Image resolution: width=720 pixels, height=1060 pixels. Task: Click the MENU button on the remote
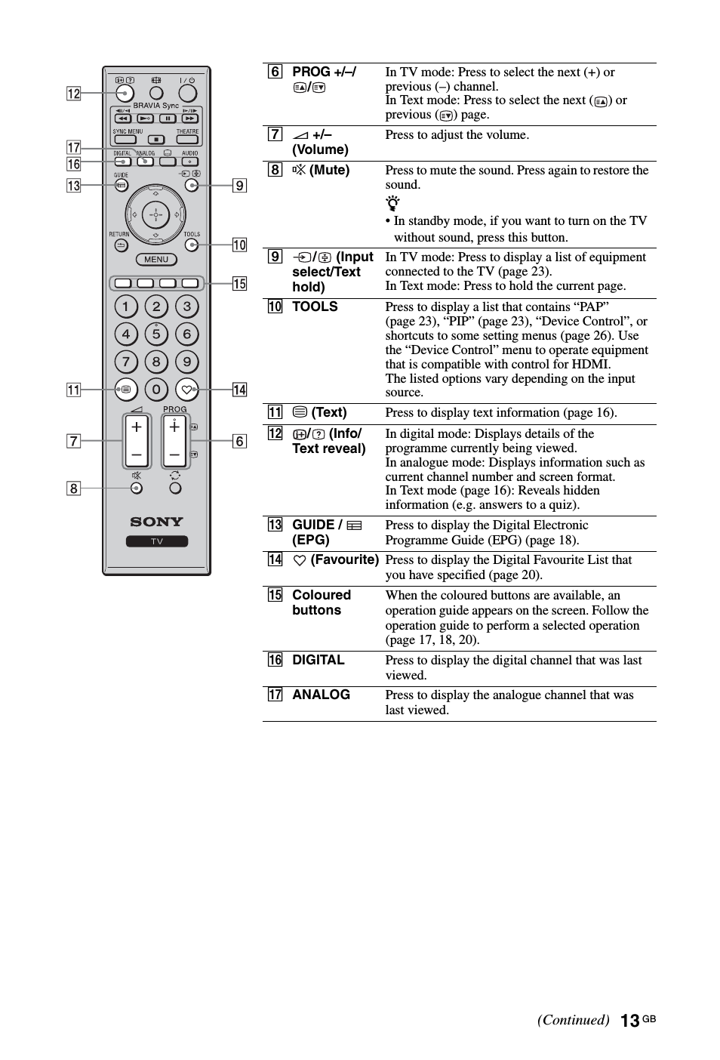[x=156, y=260]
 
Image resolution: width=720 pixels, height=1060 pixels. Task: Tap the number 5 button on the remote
[x=156, y=334]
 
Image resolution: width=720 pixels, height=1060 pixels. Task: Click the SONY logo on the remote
[x=156, y=522]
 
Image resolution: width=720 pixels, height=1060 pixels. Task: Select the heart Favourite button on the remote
[x=186, y=390]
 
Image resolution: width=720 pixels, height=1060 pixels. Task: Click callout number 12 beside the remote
[x=73, y=94]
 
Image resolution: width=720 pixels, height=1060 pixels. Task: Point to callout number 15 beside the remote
[x=239, y=284]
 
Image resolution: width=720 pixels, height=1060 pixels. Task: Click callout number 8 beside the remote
[x=73, y=488]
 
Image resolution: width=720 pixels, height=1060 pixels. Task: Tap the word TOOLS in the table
[x=315, y=307]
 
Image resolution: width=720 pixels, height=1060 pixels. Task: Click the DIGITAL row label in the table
[x=318, y=660]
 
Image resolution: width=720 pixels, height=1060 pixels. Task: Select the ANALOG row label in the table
[x=321, y=695]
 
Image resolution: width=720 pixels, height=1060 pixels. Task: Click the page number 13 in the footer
[x=629, y=1021]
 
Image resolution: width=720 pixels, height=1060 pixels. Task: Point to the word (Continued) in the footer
[x=573, y=1020]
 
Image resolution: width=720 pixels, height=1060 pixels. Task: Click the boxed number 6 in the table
[x=275, y=72]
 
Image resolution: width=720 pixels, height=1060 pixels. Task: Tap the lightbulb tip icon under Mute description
[x=392, y=203]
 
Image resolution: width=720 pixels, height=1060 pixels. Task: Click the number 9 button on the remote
[x=186, y=362]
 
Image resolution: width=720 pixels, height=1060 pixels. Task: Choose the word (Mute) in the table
[x=329, y=170]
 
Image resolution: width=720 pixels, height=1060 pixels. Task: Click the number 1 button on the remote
[x=126, y=307]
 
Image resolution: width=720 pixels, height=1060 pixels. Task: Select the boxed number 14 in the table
[x=275, y=559]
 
